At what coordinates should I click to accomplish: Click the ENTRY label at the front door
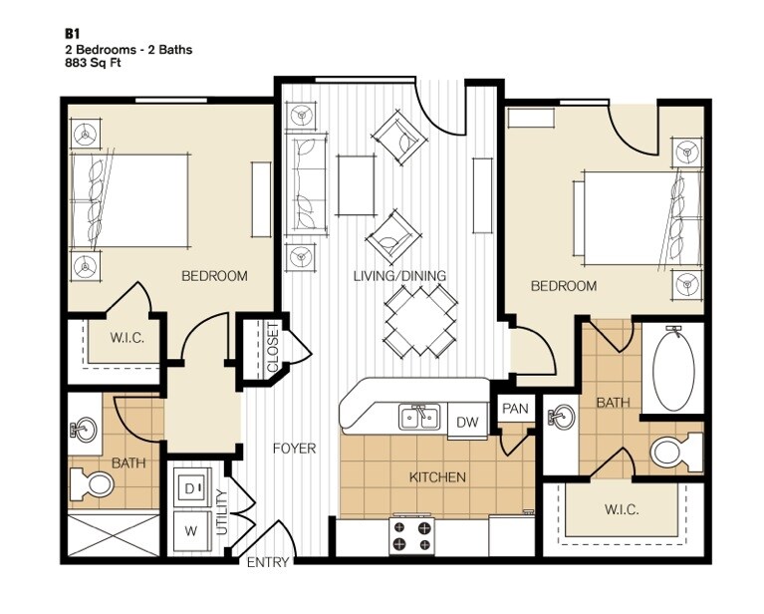tap(268, 562)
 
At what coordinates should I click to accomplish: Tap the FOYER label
tap(294, 449)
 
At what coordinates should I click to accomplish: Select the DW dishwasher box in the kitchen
tap(467, 422)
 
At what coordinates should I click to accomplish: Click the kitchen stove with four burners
tap(413, 535)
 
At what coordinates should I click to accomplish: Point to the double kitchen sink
tap(419, 418)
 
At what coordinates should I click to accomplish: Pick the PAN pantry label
tap(515, 409)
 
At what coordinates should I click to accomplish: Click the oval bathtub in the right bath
tap(673, 369)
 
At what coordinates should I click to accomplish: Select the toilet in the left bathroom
tap(92, 482)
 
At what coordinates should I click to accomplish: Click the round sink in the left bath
tap(84, 430)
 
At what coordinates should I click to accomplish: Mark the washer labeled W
tap(190, 531)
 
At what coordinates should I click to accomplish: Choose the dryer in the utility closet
tap(192, 488)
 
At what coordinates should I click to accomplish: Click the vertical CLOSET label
tap(273, 347)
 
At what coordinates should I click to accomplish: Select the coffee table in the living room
tap(357, 185)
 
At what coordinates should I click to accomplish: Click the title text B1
tap(72, 34)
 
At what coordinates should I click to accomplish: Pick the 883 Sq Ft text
tap(93, 63)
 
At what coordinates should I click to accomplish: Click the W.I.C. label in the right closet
tap(622, 509)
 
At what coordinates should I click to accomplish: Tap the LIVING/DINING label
tap(399, 275)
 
